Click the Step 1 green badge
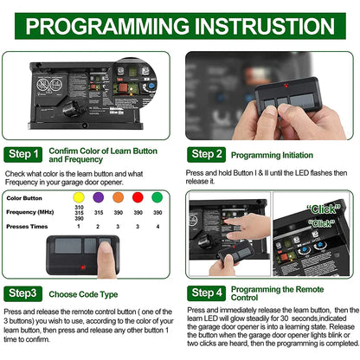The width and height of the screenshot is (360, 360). [23, 155]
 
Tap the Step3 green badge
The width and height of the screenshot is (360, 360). [23, 293]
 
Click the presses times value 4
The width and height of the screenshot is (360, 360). [157, 225]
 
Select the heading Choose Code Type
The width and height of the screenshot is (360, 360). [93, 293]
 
